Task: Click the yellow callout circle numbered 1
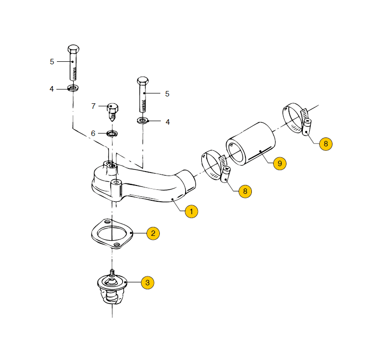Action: [191, 212]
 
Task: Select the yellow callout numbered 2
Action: [153, 233]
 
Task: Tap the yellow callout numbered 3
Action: [147, 282]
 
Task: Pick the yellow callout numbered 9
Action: [280, 164]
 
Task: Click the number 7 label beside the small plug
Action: [94, 106]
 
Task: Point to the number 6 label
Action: [93, 134]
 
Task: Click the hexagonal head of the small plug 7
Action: [112, 108]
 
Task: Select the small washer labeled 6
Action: [112, 134]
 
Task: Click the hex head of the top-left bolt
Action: [73, 49]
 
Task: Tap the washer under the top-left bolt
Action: [73, 88]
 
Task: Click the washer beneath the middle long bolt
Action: [143, 120]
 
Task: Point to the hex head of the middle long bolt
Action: [143, 81]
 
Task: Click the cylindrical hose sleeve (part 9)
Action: [251, 144]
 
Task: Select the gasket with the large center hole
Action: [112, 234]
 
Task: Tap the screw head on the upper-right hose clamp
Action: [308, 121]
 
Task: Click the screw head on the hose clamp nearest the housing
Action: [227, 168]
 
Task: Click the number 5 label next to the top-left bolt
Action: [52, 62]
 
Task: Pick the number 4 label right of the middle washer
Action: [168, 122]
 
